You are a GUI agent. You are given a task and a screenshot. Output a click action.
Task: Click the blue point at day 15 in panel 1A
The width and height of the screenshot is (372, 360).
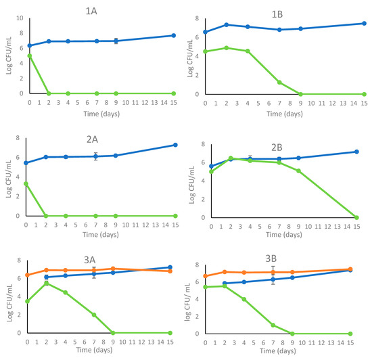point(173,35)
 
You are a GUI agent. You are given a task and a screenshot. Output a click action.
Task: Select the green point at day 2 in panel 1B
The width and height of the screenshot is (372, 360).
point(227,47)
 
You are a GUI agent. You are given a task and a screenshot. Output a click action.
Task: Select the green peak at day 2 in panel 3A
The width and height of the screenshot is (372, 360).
point(46,283)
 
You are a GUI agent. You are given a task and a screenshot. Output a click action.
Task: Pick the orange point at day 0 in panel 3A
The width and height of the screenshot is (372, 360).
point(26,275)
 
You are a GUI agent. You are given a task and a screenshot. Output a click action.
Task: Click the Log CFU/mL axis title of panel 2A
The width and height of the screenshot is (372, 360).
point(7,177)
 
